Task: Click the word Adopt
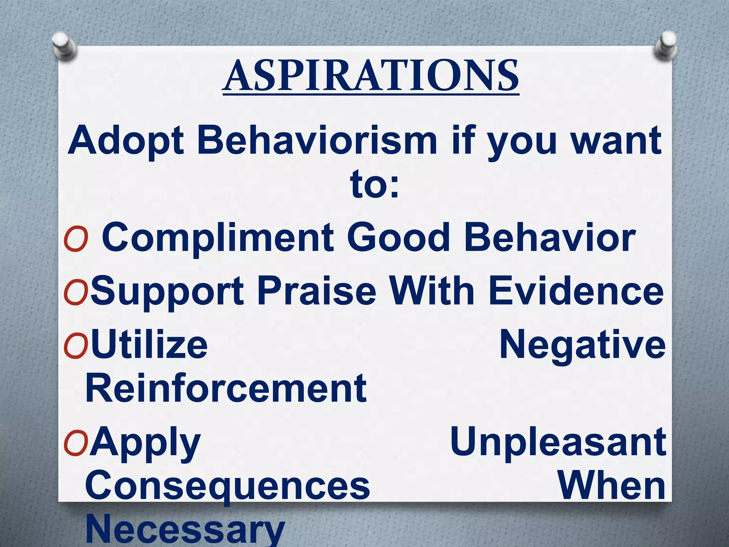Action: [126, 141]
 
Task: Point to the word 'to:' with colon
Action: [374, 185]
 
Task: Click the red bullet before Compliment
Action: [75, 239]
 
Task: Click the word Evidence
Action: [576, 291]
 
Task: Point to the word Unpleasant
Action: [558, 443]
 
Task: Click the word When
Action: [611, 486]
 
